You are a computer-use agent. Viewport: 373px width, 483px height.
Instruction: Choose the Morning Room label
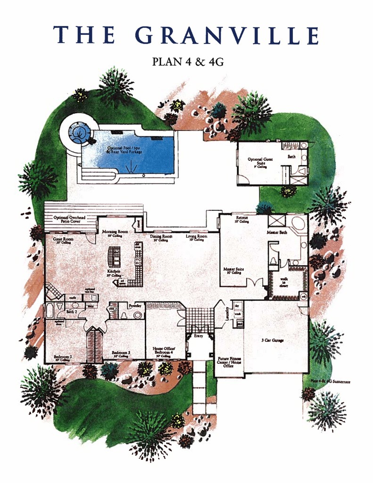(115, 232)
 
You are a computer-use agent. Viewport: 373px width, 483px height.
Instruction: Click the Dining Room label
(161, 237)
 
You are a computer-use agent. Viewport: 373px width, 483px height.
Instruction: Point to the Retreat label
(242, 219)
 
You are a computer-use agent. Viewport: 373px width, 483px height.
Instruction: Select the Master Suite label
(233, 270)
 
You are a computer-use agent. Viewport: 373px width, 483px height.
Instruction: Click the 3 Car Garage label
(272, 340)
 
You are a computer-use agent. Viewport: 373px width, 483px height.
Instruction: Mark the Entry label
(198, 336)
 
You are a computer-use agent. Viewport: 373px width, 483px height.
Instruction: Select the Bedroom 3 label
(121, 353)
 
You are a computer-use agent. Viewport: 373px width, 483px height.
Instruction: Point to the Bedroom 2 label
(63, 357)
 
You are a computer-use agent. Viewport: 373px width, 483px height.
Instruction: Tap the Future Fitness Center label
(229, 362)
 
